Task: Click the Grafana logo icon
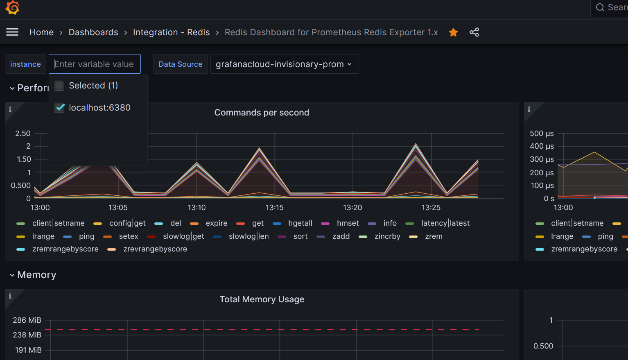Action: tap(12, 7)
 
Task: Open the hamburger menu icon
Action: tap(12, 32)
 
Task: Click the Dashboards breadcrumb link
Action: tap(93, 32)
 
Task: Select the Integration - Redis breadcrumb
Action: tap(171, 32)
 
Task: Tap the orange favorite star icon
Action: tap(453, 32)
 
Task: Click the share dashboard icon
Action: tap(474, 32)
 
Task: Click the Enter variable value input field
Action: tap(95, 64)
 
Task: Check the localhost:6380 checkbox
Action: tap(60, 108)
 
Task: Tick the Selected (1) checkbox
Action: tap(60, 86)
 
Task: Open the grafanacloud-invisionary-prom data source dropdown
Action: tap(284, 64)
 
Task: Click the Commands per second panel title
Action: tap(262, 113)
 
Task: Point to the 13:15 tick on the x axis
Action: tap(274, 208)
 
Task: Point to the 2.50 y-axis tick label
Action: tap(23, 134)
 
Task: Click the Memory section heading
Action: tap(36, 275)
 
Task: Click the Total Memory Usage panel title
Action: tap(262, 299)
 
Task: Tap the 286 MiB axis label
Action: tap(27, 320)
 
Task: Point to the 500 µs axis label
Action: tap(542, 134)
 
